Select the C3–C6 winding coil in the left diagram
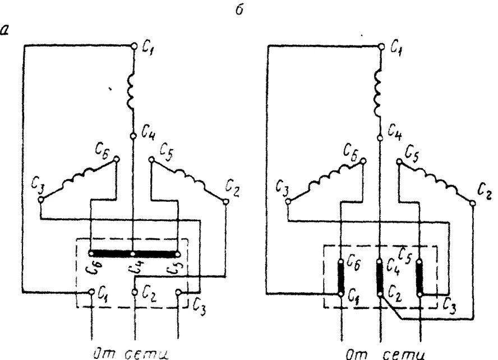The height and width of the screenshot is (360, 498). coord(79,178)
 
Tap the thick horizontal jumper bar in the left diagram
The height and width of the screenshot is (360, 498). coord(133,253)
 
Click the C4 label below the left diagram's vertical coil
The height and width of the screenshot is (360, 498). coord(149,135)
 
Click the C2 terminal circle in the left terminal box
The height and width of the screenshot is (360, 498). coord(133,292)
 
